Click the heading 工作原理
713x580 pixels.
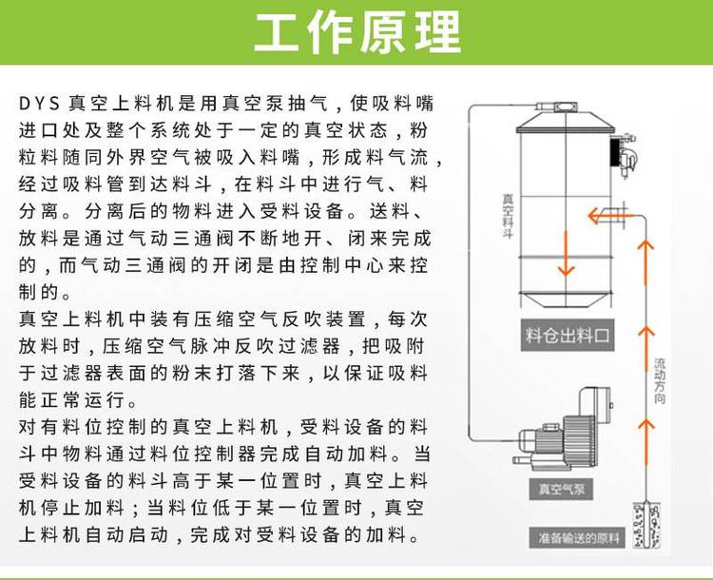click(357, 32)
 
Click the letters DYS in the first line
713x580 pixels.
click(40, 104)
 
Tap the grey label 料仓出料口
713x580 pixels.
click(567, 336)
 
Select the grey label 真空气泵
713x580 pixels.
click(561, 490)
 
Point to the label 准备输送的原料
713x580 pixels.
click(578, 538)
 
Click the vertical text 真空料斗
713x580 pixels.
click(508, 216)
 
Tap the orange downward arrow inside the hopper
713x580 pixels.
click(566, 253)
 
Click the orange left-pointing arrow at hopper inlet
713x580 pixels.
click(609, 215)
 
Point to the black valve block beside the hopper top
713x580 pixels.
click(615, 152)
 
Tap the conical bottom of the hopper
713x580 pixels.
click(567, 300)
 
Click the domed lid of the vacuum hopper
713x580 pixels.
click(566, 122)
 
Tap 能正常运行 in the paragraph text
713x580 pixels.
click(71, 400)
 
